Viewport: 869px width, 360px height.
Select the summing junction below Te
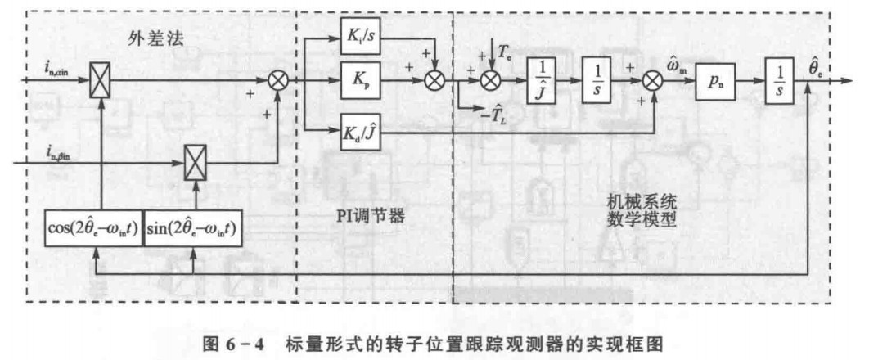(x=489, y=80)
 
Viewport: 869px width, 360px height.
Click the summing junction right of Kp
(x=435, y=80)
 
